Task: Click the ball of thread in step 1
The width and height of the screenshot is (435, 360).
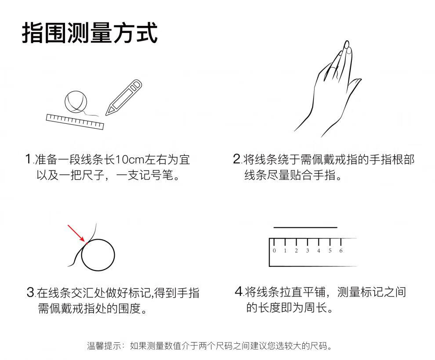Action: pos(76,101)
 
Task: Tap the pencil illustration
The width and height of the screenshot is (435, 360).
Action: pos(124,97)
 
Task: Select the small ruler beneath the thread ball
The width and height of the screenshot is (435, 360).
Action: pos(75,122)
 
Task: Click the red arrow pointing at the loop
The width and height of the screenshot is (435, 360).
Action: pos(77,234)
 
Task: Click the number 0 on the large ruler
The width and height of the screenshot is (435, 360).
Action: pos(274,251)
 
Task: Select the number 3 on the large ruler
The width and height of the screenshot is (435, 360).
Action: pos(308,251)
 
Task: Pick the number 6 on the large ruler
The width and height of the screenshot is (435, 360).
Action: pos(341,251)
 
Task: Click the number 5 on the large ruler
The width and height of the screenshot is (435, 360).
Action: pos(330,251)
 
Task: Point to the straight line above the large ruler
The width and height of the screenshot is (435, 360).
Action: pos(305,227)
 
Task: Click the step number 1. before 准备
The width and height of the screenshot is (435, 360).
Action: pos(29,159)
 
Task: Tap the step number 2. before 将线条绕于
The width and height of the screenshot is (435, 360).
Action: pos(237,159)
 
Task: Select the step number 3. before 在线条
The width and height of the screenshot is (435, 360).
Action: pos(31,292)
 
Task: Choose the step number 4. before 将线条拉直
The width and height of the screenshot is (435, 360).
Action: pos(239,292)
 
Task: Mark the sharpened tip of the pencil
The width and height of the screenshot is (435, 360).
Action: pos(106,115)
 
